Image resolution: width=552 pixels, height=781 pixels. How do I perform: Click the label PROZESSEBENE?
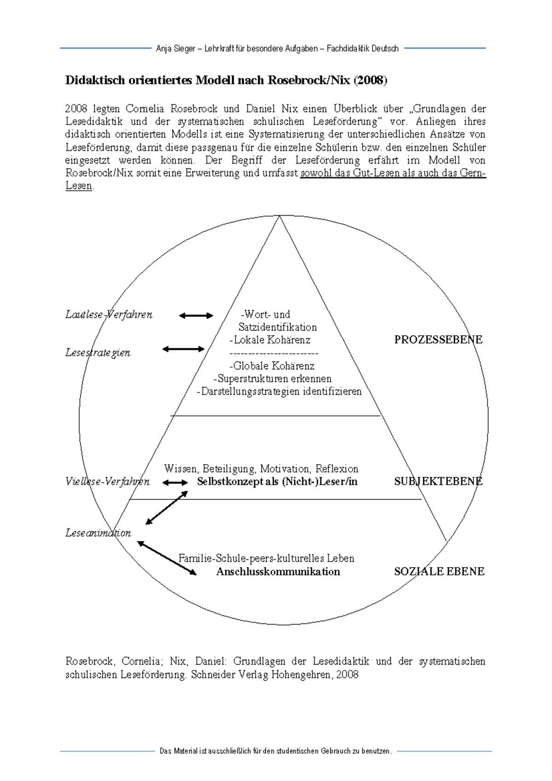[x=438, y=340]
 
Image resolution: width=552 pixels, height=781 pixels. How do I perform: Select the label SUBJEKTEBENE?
[x=438, y=482]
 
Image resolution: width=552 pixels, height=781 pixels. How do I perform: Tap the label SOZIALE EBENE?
[x=439, y=572]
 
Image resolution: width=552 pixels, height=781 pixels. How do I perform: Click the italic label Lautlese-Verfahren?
[x=109, y=315]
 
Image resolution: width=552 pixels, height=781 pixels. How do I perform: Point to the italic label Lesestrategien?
[x=98, y=353]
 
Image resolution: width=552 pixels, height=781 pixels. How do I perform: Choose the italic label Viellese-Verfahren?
[x=107, y=482]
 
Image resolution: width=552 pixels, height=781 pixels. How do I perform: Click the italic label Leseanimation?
[x=98, y=533]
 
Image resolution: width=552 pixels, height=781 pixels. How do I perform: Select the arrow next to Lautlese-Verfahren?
[x=196, y=316]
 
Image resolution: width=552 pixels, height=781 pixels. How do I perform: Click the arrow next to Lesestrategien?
[x=183, y=349]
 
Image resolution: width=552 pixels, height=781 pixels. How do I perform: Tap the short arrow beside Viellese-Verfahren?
[x=175, y=482]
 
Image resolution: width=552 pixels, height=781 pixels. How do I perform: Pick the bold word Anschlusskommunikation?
[x=278, y=572]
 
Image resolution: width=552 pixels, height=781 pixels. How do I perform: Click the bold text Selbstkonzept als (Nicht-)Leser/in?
[x=277, y=482]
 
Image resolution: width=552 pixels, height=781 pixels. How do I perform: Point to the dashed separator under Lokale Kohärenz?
[x=273, y=353]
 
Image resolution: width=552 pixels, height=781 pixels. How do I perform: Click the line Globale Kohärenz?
[x=272, y=366]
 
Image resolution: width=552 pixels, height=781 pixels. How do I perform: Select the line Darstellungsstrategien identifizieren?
[x=279, y=392]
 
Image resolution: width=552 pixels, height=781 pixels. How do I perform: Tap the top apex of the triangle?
[x=279, y=216]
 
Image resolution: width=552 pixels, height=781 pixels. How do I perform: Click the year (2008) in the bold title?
[x=370, y=80]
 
